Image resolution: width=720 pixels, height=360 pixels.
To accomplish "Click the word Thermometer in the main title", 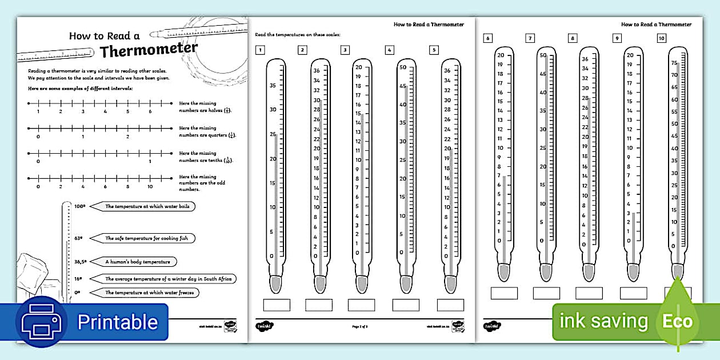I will [x=149, y=50].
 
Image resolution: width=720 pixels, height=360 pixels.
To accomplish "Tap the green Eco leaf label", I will [x=677, y=321].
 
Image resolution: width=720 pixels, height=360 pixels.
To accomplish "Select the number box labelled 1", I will [x=260, y=50].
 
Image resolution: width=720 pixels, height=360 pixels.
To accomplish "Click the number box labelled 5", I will [x=434, y=50].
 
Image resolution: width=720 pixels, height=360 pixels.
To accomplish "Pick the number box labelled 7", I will [x=530, y=38].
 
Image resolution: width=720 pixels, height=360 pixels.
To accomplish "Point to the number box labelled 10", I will [x=661, y=38].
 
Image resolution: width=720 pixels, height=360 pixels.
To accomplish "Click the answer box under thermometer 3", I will [x=361, y=305].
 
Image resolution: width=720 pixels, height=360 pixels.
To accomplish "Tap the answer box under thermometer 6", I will [x=503, y=293].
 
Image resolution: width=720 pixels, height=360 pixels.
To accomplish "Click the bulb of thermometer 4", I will [x=406, y=283].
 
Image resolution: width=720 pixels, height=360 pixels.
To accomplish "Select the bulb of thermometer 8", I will [x=589, y=271].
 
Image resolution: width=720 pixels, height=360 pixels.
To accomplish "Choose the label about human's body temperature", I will [x=137, y=262].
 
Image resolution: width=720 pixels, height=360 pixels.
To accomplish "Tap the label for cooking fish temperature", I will [x=150, y=238].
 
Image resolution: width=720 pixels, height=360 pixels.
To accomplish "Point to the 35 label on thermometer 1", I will [x=273, y=86].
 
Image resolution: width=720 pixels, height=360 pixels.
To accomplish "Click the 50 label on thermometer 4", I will [x=402, y=67].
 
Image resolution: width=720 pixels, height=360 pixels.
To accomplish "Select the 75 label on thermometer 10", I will [x=674, y=63].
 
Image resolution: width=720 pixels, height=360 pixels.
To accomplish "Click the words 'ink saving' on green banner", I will [x=603, y=321].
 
